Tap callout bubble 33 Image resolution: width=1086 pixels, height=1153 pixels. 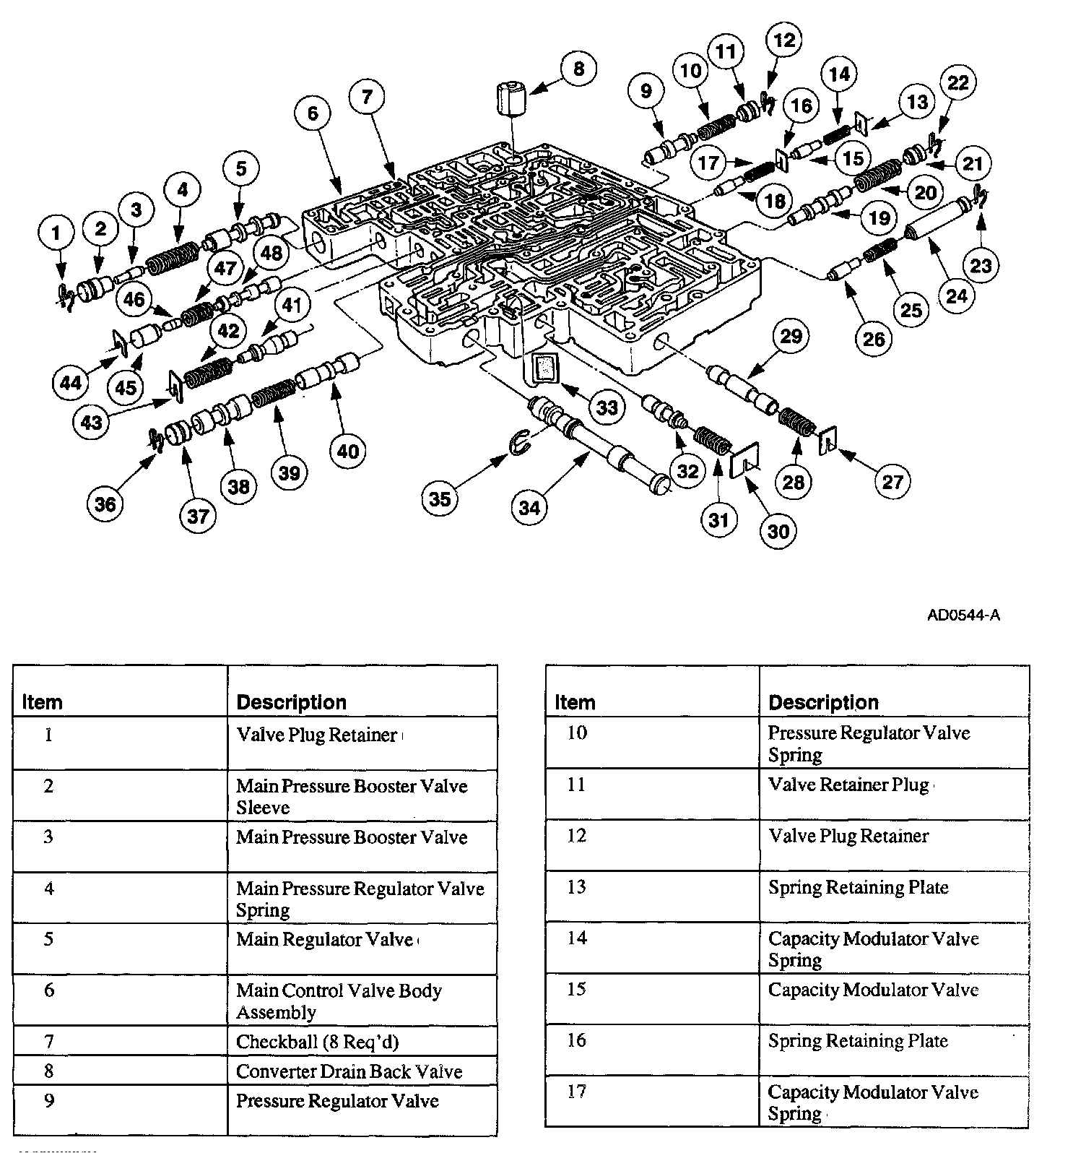click(x=606, y=408)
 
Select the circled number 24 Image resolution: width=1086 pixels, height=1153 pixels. click(x=957, y=296)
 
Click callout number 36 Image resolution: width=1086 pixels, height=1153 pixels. click(x=105, y=504)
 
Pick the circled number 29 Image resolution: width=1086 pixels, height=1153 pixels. click(x=791, y=336)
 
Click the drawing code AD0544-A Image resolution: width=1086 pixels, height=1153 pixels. click(x=963, y=616)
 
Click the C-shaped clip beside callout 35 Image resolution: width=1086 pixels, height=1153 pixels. click(x=520, y=442)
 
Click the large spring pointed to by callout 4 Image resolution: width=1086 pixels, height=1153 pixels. click(x=173, y=256)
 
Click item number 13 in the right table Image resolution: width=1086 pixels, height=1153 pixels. click(x=576, y=887)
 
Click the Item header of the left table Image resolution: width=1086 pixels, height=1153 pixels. click(x=43, y=702)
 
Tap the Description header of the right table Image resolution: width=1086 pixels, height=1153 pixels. click(x=823, y=702)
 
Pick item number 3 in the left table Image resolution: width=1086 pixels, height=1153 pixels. click(x=48, y=838)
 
